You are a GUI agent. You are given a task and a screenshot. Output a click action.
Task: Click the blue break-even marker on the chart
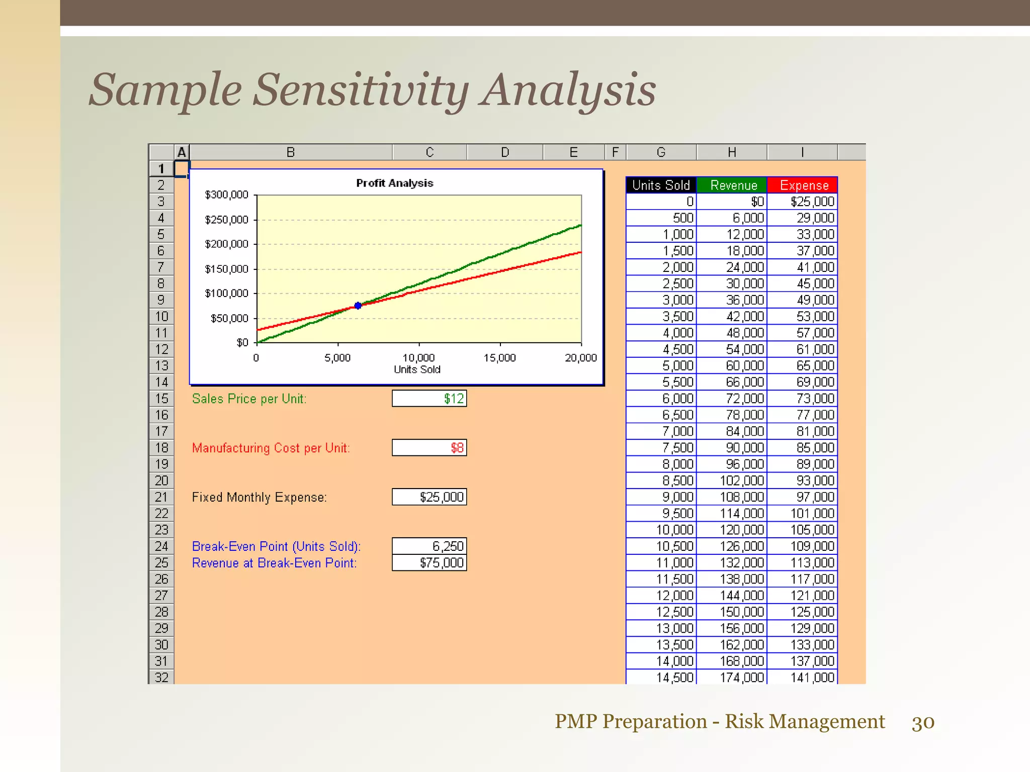pyautogui.click(x=358, y=306)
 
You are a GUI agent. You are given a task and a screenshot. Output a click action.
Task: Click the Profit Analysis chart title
pyautogui.click(x=394, y=183)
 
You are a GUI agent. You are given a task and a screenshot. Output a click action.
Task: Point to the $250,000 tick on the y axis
pyautogui.click(x=227, y=220)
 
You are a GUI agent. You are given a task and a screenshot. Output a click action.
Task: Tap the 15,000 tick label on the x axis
pyautogui.click(x=499, y=358)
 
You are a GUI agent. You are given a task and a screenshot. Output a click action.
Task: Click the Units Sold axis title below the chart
pyautogui.click(x=417, y=369)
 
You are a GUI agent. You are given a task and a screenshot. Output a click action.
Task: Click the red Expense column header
pyautogui.click(x=803, y=185)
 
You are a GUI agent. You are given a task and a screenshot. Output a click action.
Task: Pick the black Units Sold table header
pyautogui.click(x=661, y=185)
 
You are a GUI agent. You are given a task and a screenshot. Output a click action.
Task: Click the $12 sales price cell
pyautogui.click(x=430, y=399)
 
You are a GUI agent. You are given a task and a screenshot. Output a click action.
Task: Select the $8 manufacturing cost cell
pyautogui.click(x=430, y=448)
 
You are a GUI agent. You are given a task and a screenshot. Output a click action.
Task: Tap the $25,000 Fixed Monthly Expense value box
pyautogui.click(x=430, y=497)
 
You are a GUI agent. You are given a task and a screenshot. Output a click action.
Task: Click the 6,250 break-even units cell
pyautogui.click(x=430, y=546)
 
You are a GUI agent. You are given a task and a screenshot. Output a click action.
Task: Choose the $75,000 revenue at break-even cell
pyautogui.click(x=430, y=563)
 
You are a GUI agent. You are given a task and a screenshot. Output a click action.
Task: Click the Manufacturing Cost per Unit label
pyautogui.click(x=271, y=448)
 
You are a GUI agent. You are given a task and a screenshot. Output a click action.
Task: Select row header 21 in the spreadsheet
pyautogui.click(x=161, y=497)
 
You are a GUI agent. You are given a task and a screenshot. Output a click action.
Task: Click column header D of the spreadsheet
pyautogui.click(x=505, y=152)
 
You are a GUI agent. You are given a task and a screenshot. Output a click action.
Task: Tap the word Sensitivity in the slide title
pyautogui.click(x=360, y=90)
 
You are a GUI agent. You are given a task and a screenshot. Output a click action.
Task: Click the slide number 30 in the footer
pyautogui.click(x=923, y=722)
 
